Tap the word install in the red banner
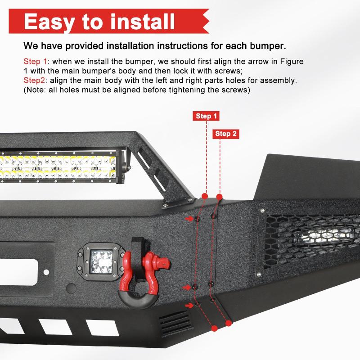coord(143,21)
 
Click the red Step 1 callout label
coord(206,116)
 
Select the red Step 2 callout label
coord(226,134)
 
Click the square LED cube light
coord(100,262)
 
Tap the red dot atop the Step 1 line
coord(205,196)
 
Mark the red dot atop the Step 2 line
coord(220,197)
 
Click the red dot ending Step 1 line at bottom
coord(214,328)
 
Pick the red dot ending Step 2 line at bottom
coord(229,324)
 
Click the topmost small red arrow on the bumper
coord(189,219)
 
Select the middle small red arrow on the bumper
coord(188,287)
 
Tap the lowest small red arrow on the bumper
coord(189,305)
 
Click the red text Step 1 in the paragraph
coord(36,61)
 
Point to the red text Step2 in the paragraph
coord(34,81)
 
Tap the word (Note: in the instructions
coord(35,90)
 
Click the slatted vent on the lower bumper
coord(175,324)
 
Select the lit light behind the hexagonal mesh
coord(326,236)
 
